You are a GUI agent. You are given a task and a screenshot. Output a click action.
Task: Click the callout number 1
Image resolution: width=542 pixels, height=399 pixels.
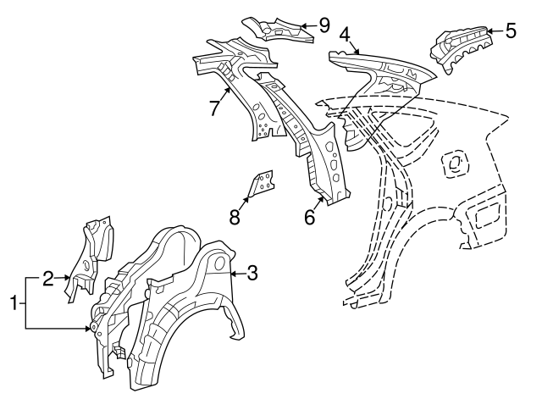coord(14,303)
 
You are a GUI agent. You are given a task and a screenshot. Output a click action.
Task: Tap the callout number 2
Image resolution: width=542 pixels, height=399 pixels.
coord(49,279)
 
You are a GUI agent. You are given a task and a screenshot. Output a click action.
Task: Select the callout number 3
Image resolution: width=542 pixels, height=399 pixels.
coord(252,273)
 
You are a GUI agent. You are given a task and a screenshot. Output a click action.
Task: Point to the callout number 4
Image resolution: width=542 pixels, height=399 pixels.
coord(345,36)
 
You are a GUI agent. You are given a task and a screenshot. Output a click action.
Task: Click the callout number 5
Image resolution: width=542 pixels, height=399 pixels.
coord(511,30)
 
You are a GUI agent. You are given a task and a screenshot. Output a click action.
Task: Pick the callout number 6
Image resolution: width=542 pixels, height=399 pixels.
coord(310,217)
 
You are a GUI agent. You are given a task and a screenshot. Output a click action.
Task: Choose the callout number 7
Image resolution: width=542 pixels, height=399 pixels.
coord(214,108)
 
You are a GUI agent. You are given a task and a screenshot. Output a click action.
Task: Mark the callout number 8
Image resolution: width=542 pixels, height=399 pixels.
coord(235,217)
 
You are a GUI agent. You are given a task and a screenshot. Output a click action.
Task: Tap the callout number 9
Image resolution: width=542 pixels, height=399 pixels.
coord(324,25)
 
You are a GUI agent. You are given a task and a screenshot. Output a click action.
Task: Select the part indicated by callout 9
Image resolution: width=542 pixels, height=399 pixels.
coord(278,30)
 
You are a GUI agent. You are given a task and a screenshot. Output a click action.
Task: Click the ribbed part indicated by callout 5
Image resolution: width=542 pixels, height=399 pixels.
coord(462,47)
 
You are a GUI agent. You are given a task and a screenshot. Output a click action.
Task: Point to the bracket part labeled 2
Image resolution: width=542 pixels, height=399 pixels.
coord(90,258)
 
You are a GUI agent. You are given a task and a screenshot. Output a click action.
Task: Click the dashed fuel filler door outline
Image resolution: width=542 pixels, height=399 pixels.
coord(456,163)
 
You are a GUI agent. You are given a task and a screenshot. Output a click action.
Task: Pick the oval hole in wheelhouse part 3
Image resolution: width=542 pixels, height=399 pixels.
coord(220,263)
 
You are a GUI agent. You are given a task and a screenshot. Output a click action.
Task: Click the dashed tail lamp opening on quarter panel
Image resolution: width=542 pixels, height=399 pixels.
coord(488,216)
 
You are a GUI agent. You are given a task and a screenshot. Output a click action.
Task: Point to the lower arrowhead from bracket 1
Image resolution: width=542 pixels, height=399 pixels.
coord(87,329)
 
